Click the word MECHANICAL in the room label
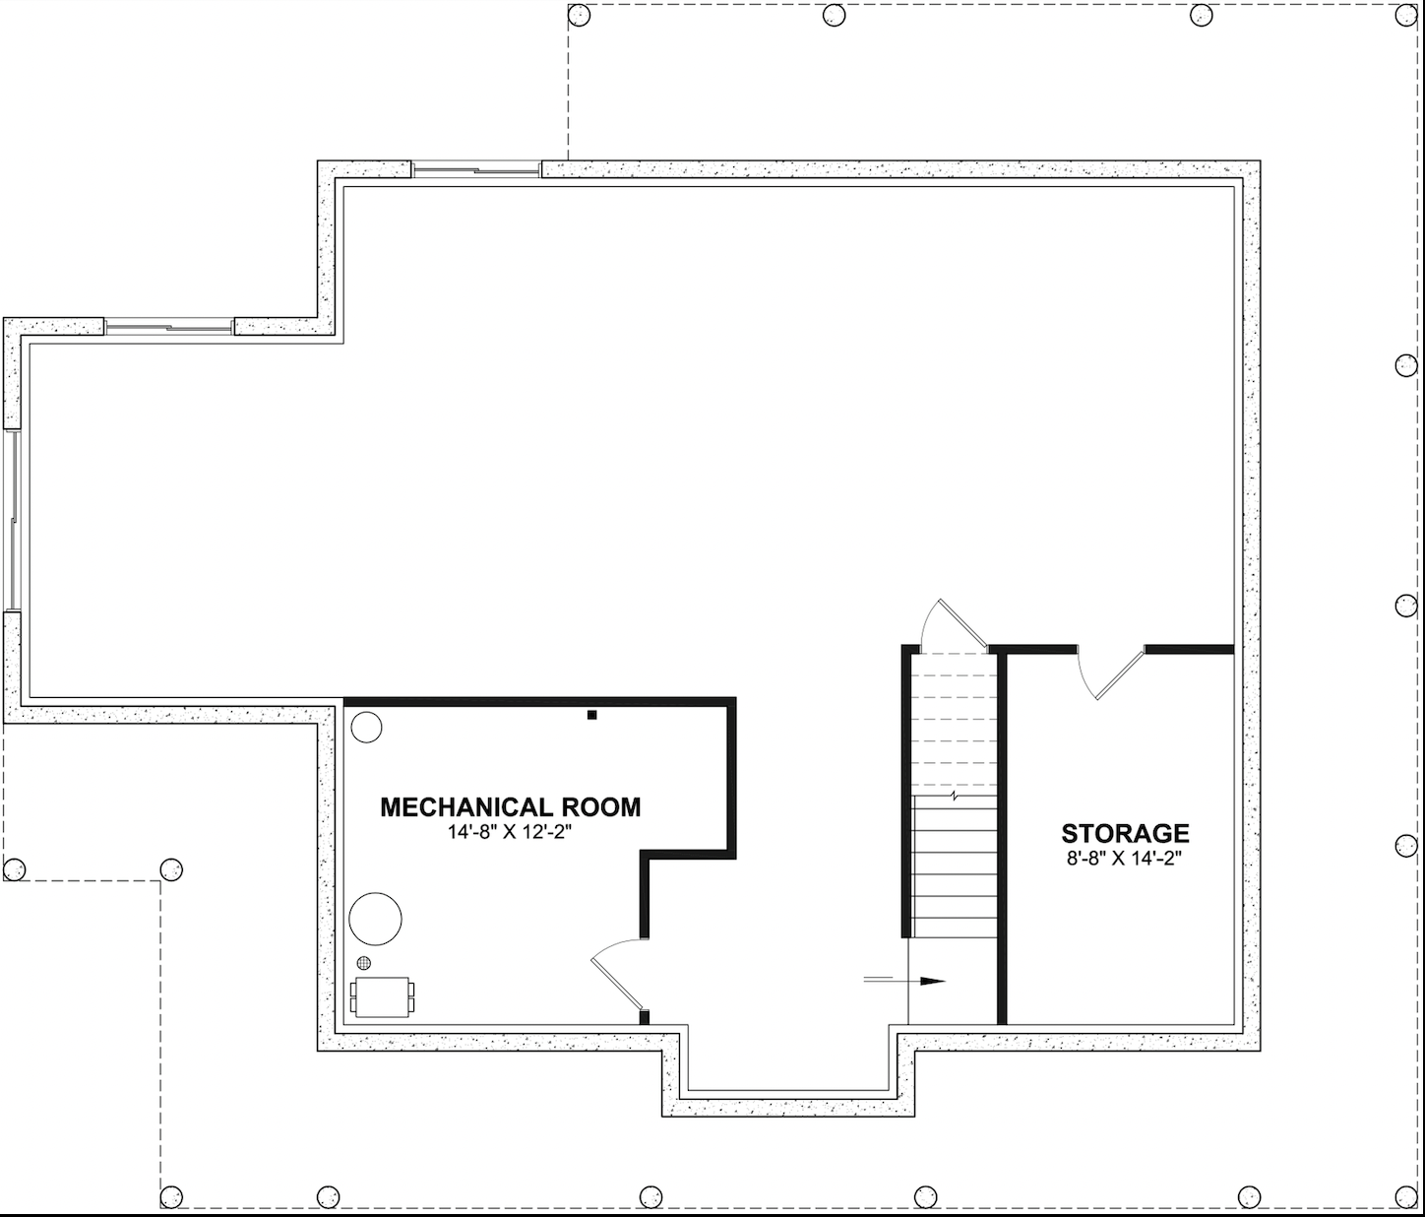pyautogui.click(x=466, y=807)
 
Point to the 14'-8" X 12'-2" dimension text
pyautogui.click(x=511, y=833)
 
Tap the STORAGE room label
pyautogui.click(x=1125, y=833)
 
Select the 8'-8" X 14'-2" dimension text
pyautogui.click(x=1125, y=859)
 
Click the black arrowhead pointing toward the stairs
pyautogui.click(x=932, y=981)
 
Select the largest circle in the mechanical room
pyautogui.click(x=375, y=919)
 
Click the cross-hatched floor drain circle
pyautogui.click(x=363, y=963)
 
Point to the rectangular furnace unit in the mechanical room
pyautogui.click(x=383, y=996)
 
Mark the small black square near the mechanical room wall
pyautogui.click(x=591, y=715)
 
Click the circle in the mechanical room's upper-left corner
pyautogui.click(x=366, y=728)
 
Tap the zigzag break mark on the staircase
pyautogui.click(x=955, y=797)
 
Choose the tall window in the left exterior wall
pyautogui.click(x=13, y=521)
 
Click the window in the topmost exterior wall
pyautogui.click(x=476, y=169)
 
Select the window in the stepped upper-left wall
pyautogui.click(x=169, y=326)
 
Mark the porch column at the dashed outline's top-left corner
pyautogui.click(x=579, y=15)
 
